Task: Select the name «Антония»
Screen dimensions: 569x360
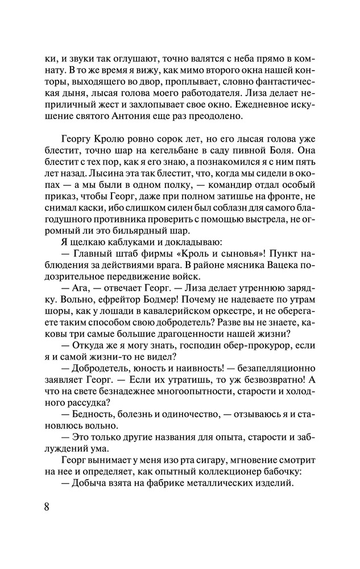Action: pos(129,118)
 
